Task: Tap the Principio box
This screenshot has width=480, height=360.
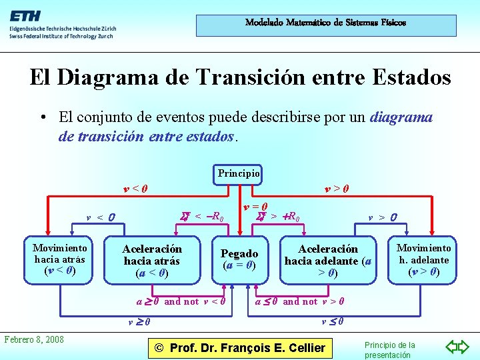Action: [x=238, y=174]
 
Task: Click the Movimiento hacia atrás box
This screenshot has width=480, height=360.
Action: [x=60, y=259]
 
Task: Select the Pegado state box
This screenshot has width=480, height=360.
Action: [x=239, y=259]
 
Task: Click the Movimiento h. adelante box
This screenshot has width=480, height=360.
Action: [x=423, y=259]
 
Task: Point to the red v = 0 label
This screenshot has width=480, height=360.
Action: [x=255, y=207]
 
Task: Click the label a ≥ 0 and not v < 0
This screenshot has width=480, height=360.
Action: [x=181, y=301]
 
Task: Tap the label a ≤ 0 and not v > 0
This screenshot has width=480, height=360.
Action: [x=300, y=301]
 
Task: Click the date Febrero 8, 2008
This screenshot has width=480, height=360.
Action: [x=34, y=339]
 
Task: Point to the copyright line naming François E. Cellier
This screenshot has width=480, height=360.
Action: [x=239, y=347]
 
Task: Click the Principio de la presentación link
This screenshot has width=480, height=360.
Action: [x=390, y=350]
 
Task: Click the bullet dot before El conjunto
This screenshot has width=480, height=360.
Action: [x=41, y=118]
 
